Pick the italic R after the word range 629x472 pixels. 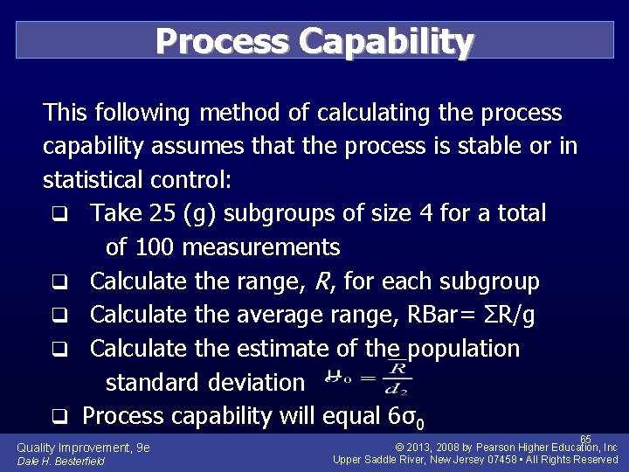coord(328,281)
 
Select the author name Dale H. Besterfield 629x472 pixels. coord(60,461)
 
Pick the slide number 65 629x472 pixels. coord(585,440)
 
